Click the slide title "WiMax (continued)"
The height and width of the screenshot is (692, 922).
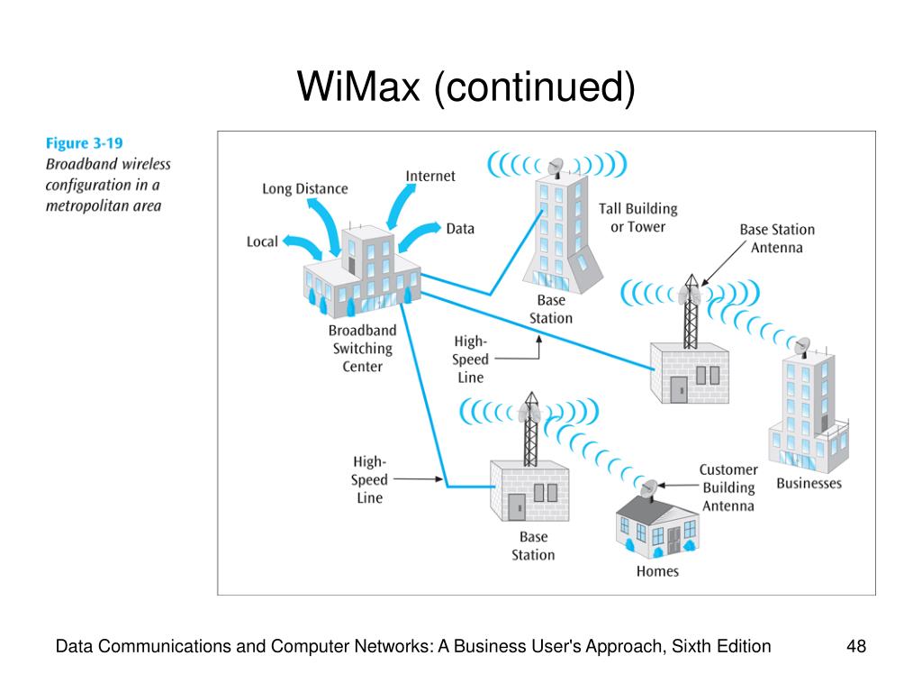[466, 86]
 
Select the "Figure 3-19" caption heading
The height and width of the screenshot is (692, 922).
[84, 143]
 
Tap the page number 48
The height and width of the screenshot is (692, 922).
[856, 646]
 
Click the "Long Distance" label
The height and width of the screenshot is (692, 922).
[304, 189]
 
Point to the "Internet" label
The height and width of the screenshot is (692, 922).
[429, 176]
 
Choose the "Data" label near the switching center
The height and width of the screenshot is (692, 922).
[460, 228]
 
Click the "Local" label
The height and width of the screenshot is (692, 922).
[262, 241]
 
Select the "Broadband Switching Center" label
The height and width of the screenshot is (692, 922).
[362, 349]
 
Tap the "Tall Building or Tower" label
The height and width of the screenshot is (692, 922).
[638, 218]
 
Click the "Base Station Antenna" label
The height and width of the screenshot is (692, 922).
[777, 238]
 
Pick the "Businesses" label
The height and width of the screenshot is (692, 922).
[809, 483]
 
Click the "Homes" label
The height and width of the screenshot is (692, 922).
[657, 570]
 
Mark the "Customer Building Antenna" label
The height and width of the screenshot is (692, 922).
[728, 487]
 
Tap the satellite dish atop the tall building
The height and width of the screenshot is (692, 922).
[555, 168]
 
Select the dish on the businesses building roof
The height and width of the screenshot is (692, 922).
[802, 347]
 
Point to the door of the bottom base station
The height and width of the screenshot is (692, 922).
[516, 507]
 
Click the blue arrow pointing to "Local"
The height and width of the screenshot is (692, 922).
[303, 247]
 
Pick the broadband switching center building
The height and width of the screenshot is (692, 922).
[362, 270]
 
